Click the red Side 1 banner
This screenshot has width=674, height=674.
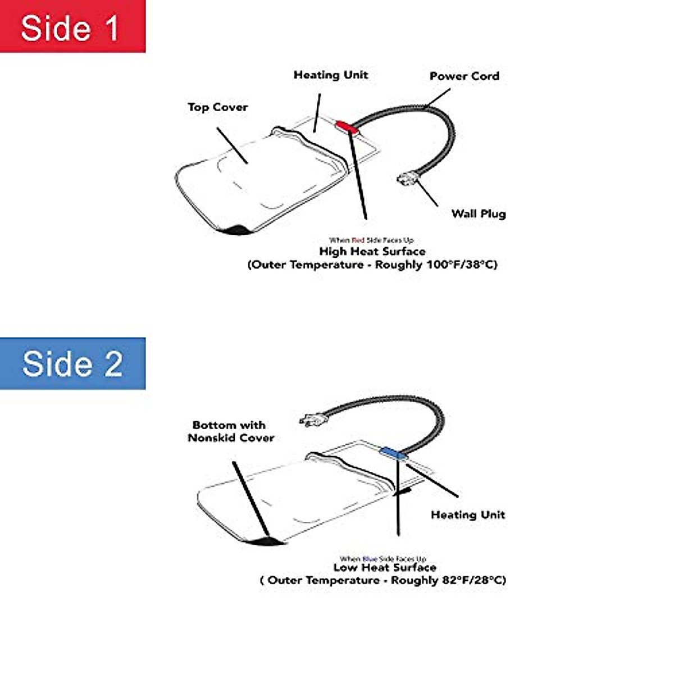(72, 26)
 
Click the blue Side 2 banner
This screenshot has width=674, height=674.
(72, 363)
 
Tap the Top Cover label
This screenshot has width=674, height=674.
(217, 107)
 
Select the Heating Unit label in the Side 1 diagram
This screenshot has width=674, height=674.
(331, 75)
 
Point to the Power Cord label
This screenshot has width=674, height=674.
(464, 76)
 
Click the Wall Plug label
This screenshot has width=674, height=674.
(479, 213)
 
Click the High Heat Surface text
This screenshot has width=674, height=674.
(372, 251)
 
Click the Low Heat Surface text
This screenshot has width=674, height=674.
(385, 567)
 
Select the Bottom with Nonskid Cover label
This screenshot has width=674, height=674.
(230, 431)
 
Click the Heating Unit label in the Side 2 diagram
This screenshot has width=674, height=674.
(467, 514)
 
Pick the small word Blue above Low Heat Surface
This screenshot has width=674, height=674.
(370, 559)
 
